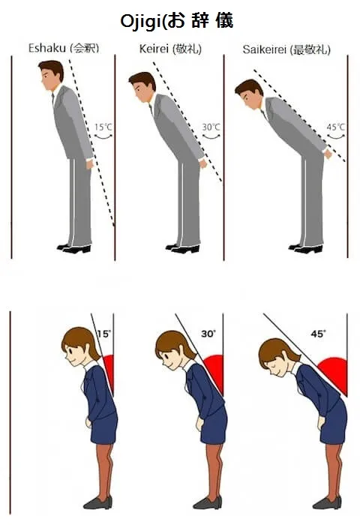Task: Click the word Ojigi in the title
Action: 143,22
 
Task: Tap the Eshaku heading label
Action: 64,48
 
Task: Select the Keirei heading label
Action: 170,49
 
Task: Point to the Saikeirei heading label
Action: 286,49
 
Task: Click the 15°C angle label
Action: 103,127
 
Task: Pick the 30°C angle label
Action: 211,127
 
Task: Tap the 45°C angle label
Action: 335,127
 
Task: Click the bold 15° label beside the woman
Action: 103,334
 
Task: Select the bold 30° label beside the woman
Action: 208,334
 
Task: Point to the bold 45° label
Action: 318,334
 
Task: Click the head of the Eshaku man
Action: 50,75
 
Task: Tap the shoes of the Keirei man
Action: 183,248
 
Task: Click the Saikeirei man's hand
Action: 328,154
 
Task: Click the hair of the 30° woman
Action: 175,344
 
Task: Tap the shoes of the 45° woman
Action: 327,502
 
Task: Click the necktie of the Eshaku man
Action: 53,99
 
